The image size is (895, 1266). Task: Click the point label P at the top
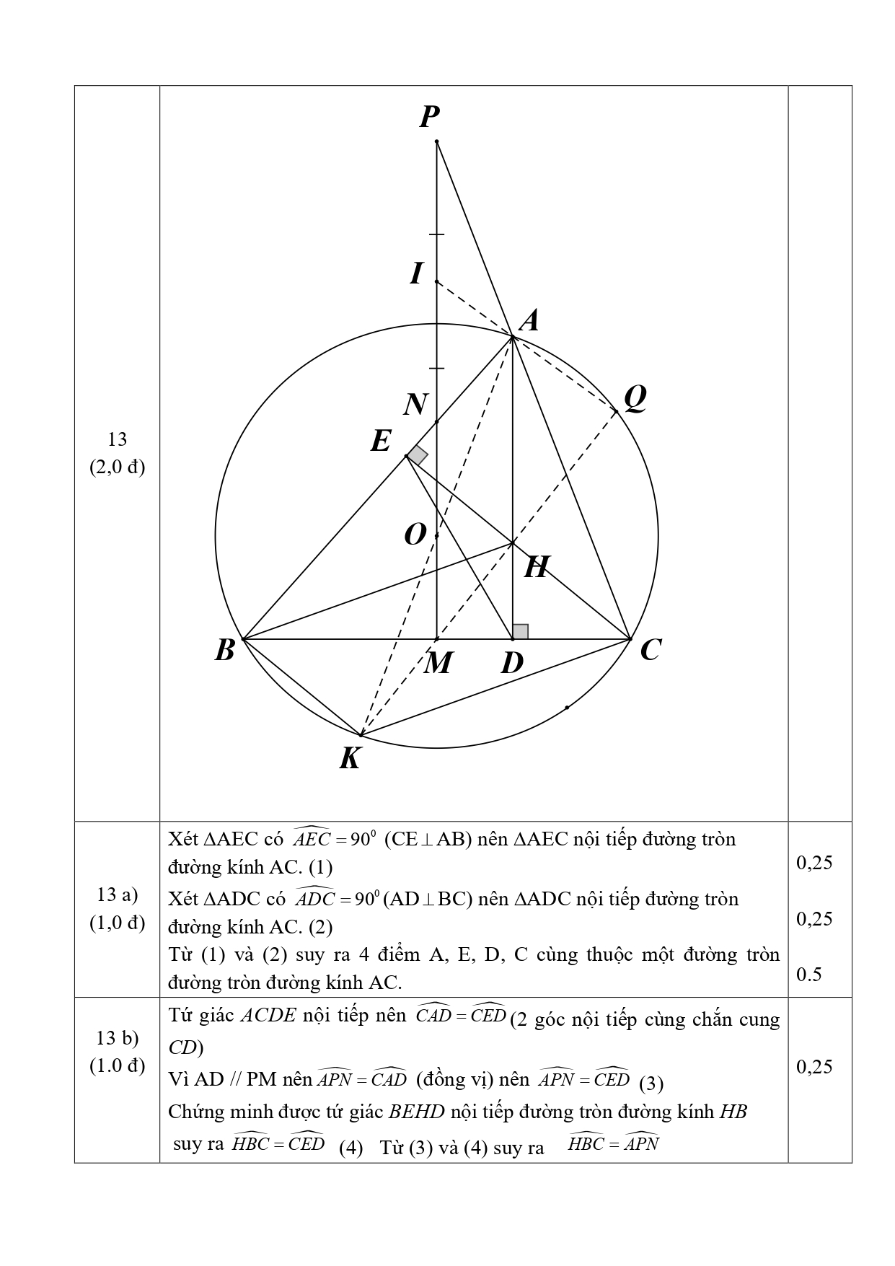tap(430, 116)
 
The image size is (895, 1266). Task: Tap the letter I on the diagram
tap(416, 274)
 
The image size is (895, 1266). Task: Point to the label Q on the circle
tap(634, 397)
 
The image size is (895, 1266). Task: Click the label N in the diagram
tap(415, 405)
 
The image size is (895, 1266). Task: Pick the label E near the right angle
tap(381, 441)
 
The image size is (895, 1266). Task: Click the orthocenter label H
tap(537, 568)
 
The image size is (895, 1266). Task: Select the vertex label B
tap(225, 650)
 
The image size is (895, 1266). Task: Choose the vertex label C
tap(650, 650)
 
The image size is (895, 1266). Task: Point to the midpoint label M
tap(438, 662)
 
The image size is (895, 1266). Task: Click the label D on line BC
tap(511, 662)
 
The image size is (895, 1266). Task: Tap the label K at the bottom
tap(350, 758)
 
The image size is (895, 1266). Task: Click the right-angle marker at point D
tap(520, 631)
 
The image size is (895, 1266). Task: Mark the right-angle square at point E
tap(418, 455)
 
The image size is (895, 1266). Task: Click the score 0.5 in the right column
tap(809, 975)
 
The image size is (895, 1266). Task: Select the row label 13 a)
tap(117, 894)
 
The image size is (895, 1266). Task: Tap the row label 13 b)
tap(117, 1037)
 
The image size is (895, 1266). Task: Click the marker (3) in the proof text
tap(651, 1083)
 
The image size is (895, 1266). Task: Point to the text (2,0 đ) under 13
tap(117, 467)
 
